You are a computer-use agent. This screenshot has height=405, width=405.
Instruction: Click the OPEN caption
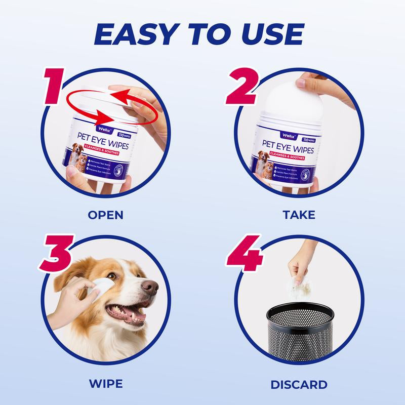click(x=105, y=215)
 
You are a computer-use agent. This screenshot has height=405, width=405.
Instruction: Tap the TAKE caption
click(x=299, y=215)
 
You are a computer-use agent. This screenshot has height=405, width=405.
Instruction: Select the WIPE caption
click(x=106, y=384)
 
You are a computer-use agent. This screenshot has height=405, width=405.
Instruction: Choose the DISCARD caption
click(x=299, y=384)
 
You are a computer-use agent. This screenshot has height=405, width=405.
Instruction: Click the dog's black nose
click(x=150, y=287)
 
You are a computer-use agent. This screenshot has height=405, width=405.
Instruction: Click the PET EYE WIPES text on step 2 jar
click(x=288, y=150)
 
